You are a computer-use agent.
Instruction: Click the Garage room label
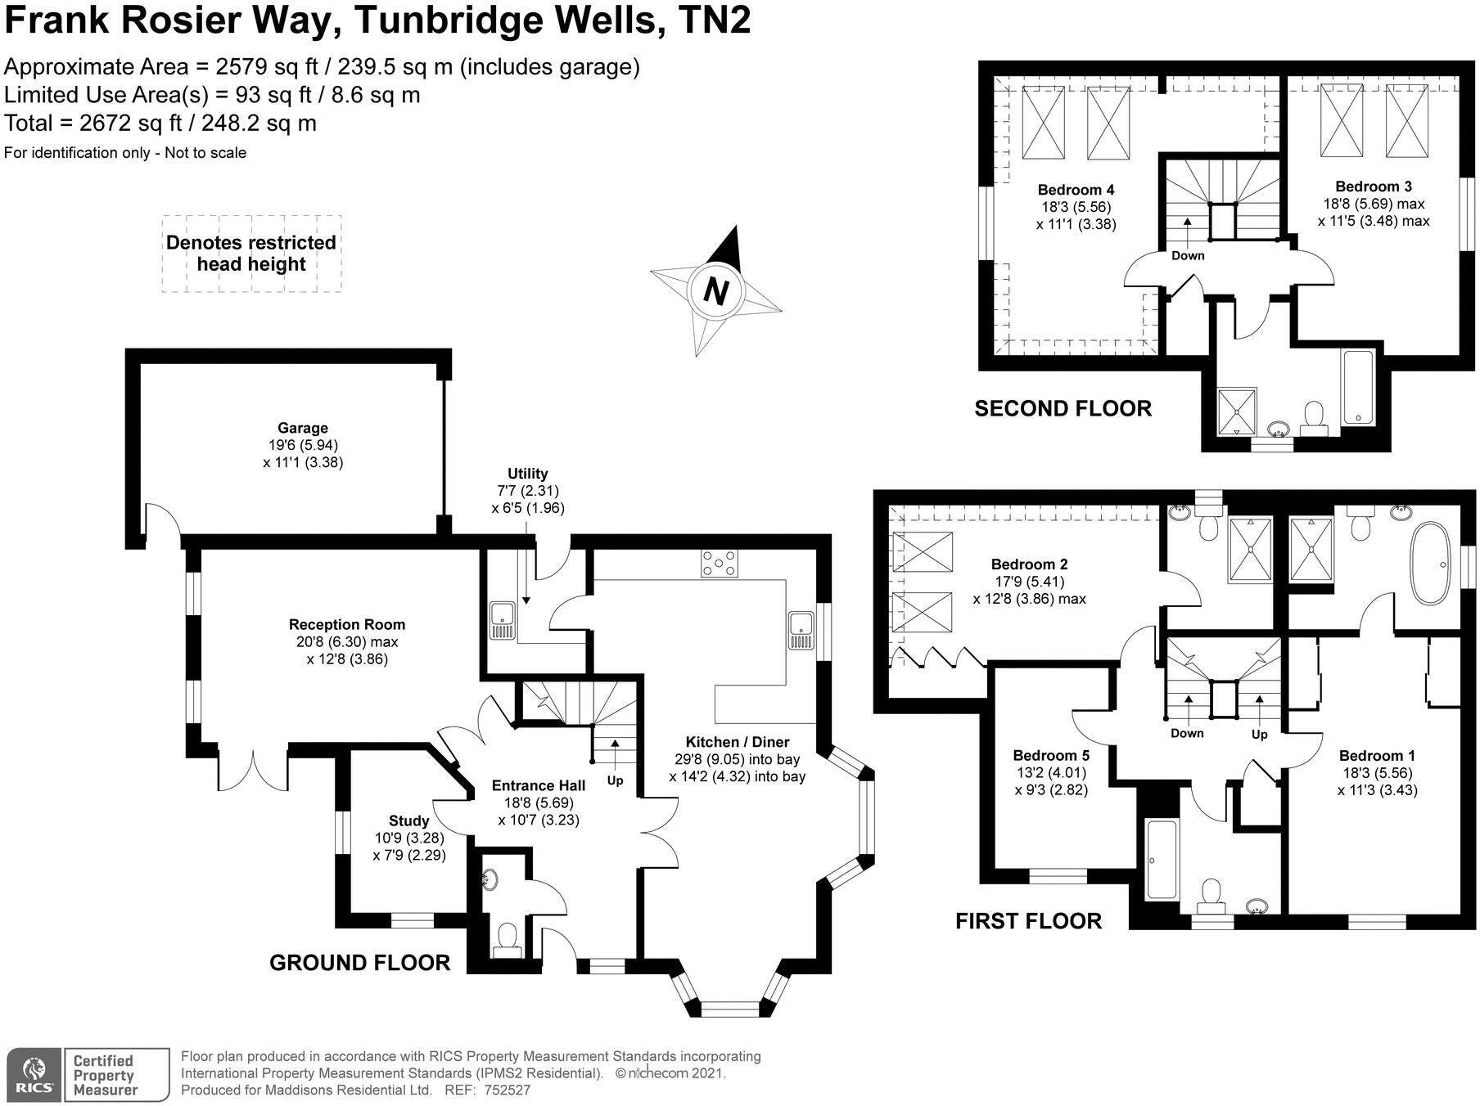(x=302, y=428)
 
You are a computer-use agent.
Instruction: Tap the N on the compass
(x=715, y=291)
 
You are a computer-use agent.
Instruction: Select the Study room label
(x=408, y=821)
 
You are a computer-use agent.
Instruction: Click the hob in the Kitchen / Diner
(x=719, y=564)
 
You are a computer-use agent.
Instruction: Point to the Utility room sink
(x=500, y=620)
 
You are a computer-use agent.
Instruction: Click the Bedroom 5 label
(x=1050, y=755)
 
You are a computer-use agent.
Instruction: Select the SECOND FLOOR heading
(x=1063, y=408)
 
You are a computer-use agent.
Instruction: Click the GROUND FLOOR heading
(x=359, y=963)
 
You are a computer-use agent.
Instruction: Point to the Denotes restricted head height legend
(x=250, y=254)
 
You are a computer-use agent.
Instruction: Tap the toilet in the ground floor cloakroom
(x=508, y=939)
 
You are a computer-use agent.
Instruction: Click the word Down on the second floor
(x=1187, y=255)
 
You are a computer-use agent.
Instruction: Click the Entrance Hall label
(x=538, y=785)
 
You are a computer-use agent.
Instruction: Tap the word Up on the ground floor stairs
(x=615, y=780)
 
